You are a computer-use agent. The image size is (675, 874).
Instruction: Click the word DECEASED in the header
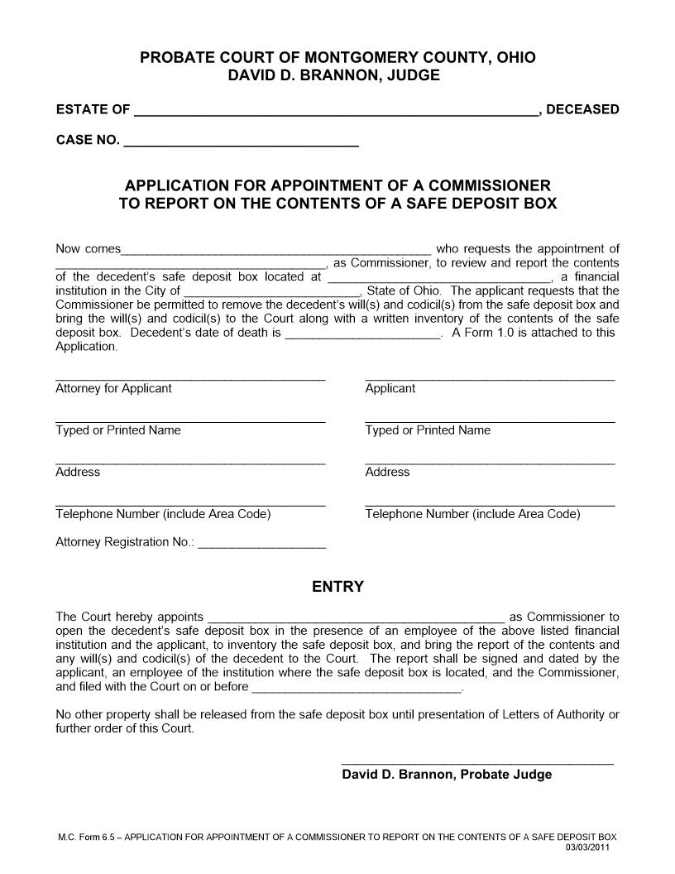click(x=582, y=109)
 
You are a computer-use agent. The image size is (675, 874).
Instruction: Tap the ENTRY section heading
click(x=337, y=587)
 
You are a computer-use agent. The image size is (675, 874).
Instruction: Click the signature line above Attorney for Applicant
click(x=190, y=379)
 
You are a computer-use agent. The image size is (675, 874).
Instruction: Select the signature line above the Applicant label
click(x=490, y=379)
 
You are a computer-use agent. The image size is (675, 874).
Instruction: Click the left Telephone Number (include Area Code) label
click(x=163, y=514)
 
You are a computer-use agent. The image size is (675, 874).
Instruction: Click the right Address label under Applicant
click(x=387, y=472)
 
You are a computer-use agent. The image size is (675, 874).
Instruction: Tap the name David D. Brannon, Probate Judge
click(x=447, y=775)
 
